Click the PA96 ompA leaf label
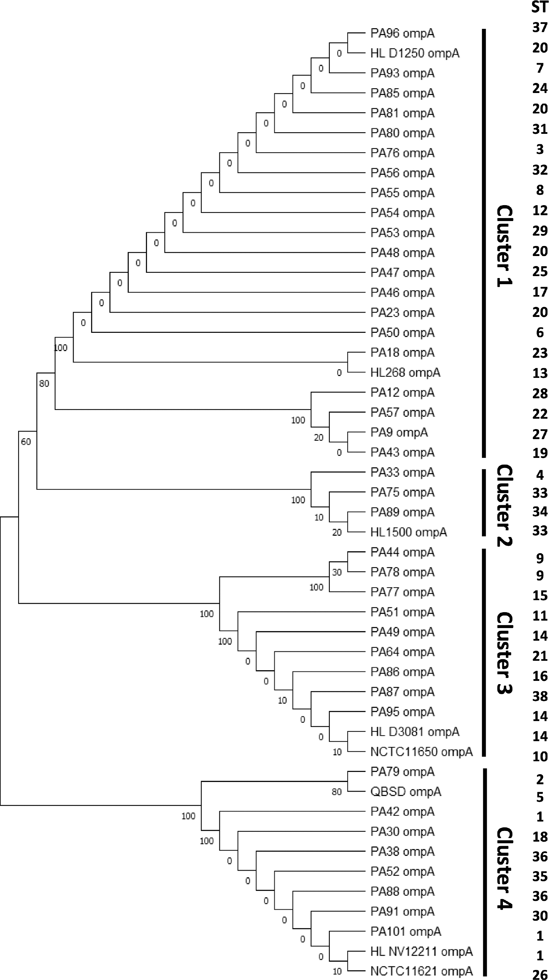pyautogui.click(x=402, y=33)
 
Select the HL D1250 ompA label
pyautogui.click(x=415, y=53)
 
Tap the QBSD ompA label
pyautogui.click(x=405, y=792)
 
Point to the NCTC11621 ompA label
pyautogui.click(x=421, y=971)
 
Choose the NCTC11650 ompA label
pyautogui.click(x=421, y=752)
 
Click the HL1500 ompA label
pyautogui.click(x=408, y=532)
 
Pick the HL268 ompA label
pyautogui.click(x=405, y=372)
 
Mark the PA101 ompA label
pyautogui.click(x=405, y=931)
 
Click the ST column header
pyautogui.click(x=540, y=7)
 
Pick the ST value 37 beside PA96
pyautogui.click(x=540, y=28)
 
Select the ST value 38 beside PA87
pyautogui.click(x=540, y=696)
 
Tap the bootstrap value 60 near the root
pyautogui.click(x=26, y=442)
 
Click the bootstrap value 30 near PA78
pyautogui.click(x=337, y=572)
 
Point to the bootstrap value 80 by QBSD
pyautogui.click(x=337, y=792)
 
